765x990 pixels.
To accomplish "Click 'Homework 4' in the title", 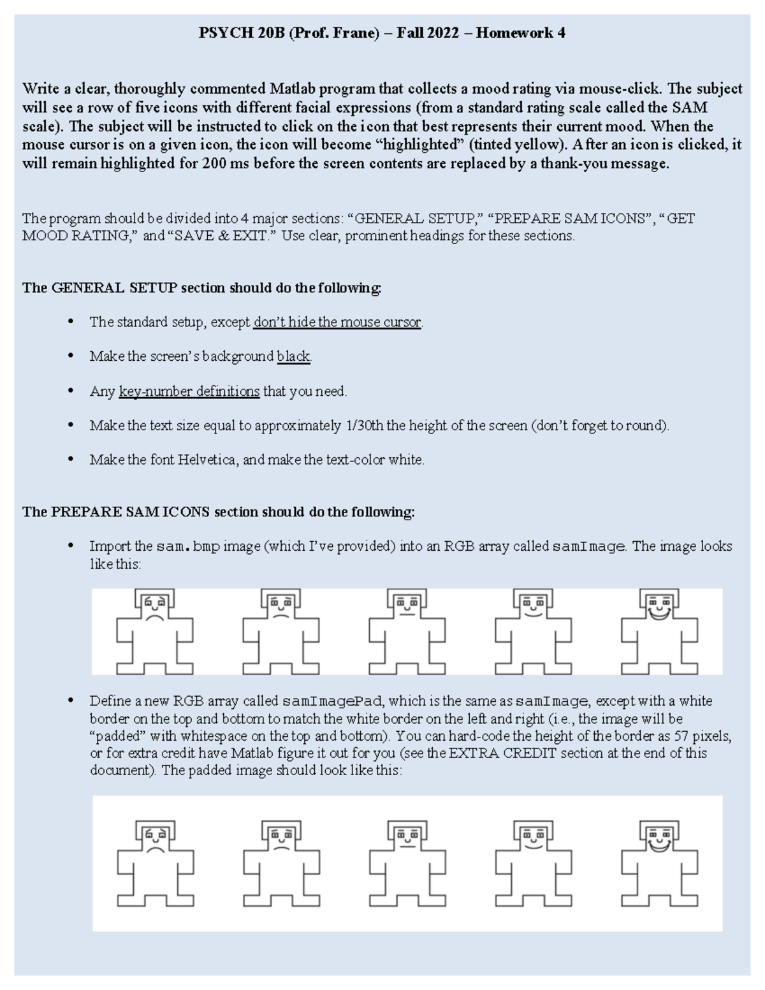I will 520,33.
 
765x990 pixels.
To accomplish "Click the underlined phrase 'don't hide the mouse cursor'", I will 337,323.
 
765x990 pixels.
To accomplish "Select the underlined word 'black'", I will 293,357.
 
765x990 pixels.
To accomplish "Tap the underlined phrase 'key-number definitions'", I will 189,391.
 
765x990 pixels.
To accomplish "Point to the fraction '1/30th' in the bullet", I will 364,426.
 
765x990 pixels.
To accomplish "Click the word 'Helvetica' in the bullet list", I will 207,460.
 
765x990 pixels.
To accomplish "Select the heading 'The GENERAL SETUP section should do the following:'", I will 201,288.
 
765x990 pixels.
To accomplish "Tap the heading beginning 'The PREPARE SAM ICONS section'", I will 218,513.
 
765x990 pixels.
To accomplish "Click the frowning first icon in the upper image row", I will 155,631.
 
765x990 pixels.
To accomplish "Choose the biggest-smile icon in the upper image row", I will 659,631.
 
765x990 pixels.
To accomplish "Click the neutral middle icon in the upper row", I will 407,631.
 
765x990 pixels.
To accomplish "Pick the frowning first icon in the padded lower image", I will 155,863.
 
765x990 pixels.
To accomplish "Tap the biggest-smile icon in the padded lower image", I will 659,863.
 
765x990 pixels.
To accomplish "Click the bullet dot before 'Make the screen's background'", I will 70,356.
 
